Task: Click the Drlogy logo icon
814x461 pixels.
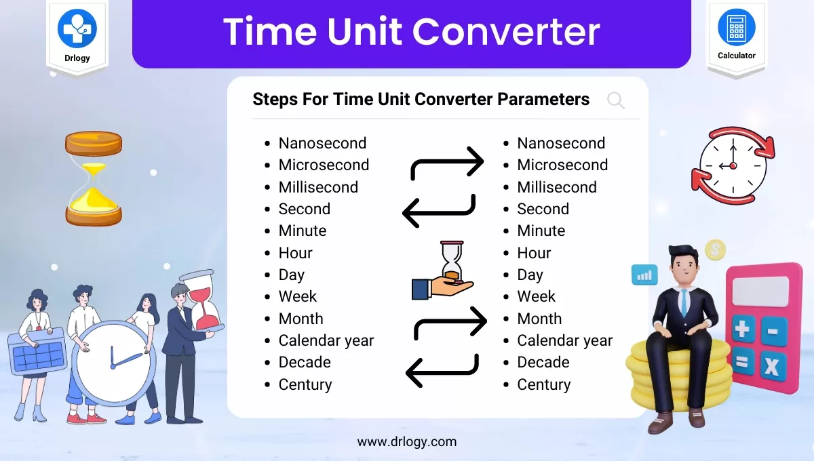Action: (x=77, y=28)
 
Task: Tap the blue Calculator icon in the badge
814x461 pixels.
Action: (x=736, y=28)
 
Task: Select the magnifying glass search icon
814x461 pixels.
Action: (x=616, y=101)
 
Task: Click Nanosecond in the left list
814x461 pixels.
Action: (x=322, y=143)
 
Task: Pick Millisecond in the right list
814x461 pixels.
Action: (x=556, y=187)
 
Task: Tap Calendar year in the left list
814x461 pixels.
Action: (x=326, y=340)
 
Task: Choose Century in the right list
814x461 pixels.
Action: (x=543, y=384)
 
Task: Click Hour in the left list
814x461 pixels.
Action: (x=295, y=253)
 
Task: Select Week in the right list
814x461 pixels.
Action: (x=536, y=296)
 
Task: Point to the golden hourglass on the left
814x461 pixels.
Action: (x=94, y=178)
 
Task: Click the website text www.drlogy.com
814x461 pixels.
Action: (x=407, y=442)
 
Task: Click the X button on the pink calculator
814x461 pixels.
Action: (x=771, y=367)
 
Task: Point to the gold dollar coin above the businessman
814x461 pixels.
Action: (x=714, y=250)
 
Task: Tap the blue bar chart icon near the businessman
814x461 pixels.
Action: (x=644, y=275)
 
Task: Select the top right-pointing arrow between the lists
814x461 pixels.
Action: (x=448, y=165)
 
